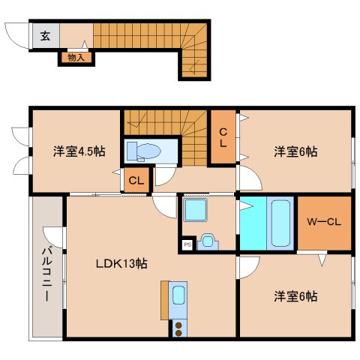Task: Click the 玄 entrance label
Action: point(45,36)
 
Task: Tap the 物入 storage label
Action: point(76,58)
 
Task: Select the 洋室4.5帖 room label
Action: point(79,151)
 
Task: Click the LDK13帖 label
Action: point(121,263)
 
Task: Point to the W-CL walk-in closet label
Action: point(324,222)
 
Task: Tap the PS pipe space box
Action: point(187,244)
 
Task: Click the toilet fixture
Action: point(143,151)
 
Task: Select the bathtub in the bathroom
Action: point(280,223)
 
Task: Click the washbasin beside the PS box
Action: point(208,241)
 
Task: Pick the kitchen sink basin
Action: point(178,295)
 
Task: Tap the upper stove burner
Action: point(178,325)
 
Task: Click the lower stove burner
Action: point(178,333)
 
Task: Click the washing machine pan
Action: point(196,210)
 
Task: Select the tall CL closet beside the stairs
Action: point(223,137)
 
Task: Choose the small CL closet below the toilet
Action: point(136,180)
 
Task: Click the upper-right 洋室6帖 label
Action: point(295,151)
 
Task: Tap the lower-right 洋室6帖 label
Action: point(295,296)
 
